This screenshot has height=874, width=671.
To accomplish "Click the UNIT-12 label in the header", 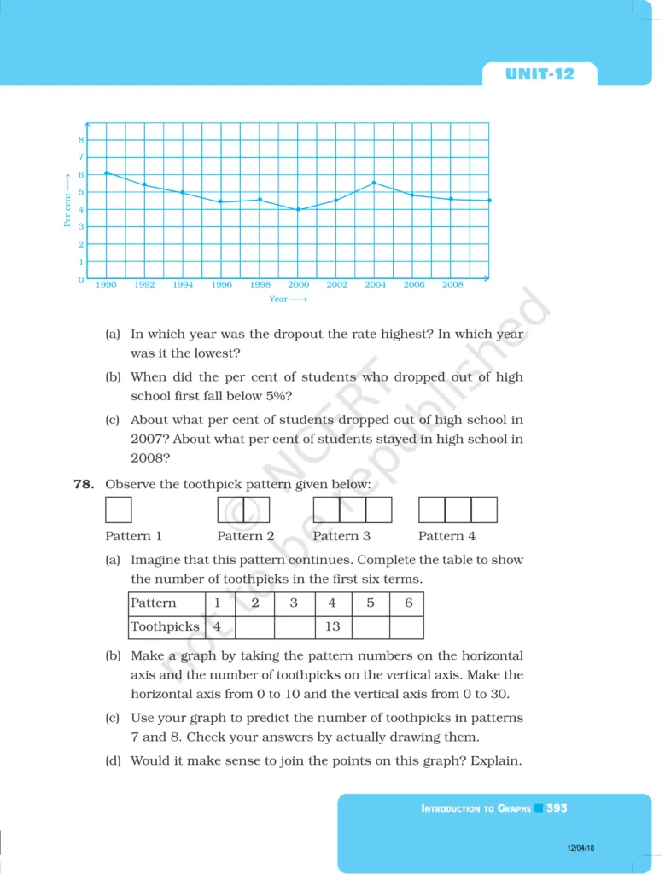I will coord(540,74).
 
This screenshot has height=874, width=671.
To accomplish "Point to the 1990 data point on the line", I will coord(106,173).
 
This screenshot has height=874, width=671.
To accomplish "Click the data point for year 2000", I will coord(298,209).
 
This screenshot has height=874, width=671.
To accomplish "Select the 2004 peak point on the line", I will coord(374,183).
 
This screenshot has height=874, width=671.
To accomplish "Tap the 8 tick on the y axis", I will coord(81,140).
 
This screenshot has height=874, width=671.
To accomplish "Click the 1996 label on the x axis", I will coord(221,285).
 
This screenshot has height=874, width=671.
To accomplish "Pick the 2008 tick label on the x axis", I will coord(452,285).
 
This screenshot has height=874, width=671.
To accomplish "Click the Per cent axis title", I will coord(67,200).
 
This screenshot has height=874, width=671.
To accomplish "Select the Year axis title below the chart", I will coord(287,300).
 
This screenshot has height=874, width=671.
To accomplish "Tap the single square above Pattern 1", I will coord(119,510).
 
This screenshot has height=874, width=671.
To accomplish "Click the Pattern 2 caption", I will coord(246,536).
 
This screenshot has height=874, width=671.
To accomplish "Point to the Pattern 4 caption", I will coord(446,536).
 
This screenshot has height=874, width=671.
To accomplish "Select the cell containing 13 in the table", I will coord(332,626).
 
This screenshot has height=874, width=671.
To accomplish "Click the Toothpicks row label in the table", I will coord(165,626).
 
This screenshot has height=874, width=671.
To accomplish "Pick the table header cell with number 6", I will coord(408,603).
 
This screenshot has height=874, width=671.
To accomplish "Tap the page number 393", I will coord(557,807).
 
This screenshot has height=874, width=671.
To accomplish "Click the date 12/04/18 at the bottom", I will coord(580,848).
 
